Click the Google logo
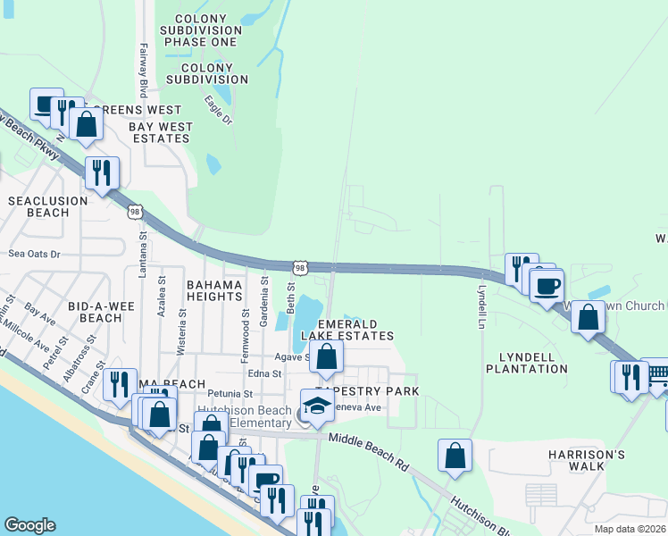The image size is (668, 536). (x=29, y=525)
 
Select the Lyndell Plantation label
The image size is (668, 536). (x=527, y=363)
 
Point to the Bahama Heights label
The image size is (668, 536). (x=214, y=291)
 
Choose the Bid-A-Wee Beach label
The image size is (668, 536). (x=100, y=312)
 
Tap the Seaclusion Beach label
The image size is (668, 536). (x=48, y=206)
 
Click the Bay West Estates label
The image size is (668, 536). (x=161, y=132)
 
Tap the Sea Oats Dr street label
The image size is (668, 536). (x=34, y=254)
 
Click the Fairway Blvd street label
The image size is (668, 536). (x=143, y=71)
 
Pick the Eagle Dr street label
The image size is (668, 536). (x=218, y=110)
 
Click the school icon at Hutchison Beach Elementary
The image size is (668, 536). (x=317, y=405)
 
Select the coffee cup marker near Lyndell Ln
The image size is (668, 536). (x=547, y=287)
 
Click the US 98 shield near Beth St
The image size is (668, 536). (x=301, y=267)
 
